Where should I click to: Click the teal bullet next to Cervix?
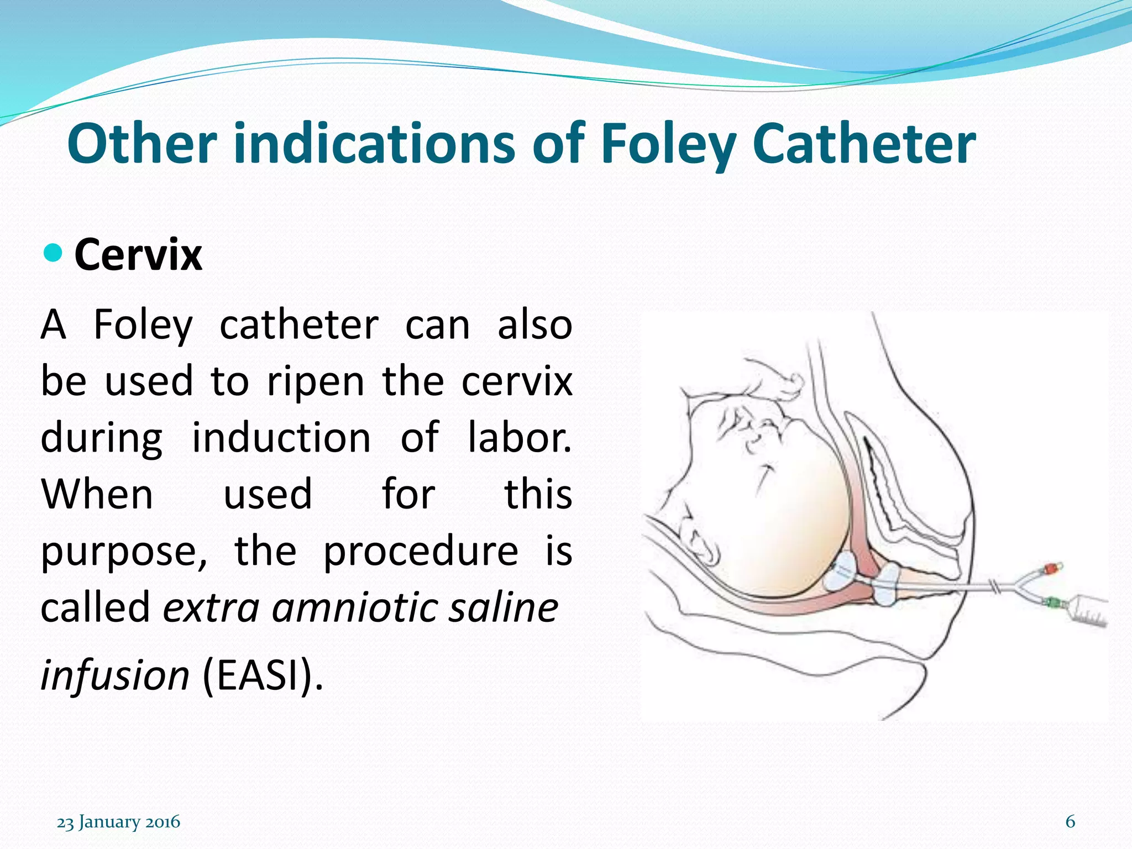point(53,253)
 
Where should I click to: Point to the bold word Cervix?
point(138,255)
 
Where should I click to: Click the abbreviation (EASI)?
point(263,675)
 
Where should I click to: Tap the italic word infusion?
point(115,675)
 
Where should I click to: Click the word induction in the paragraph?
point(281,437)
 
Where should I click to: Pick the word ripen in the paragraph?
point(316,381)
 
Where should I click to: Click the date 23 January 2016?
point(118,822)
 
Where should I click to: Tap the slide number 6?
point(1070,821)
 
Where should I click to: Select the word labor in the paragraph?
point(520,437)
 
